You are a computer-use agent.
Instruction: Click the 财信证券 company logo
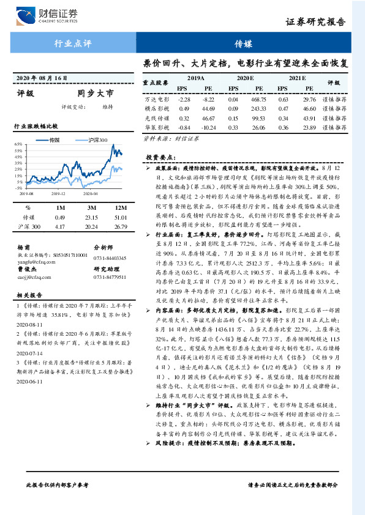(47, 14)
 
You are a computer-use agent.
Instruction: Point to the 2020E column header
(246, 78)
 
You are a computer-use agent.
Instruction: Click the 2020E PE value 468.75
(258, 99)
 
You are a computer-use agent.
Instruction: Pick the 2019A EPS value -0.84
(184, 127)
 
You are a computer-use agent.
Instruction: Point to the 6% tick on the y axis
(19, 144)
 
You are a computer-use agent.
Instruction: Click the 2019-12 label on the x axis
(58, 193)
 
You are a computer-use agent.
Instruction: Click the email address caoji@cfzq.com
(31, 276)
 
